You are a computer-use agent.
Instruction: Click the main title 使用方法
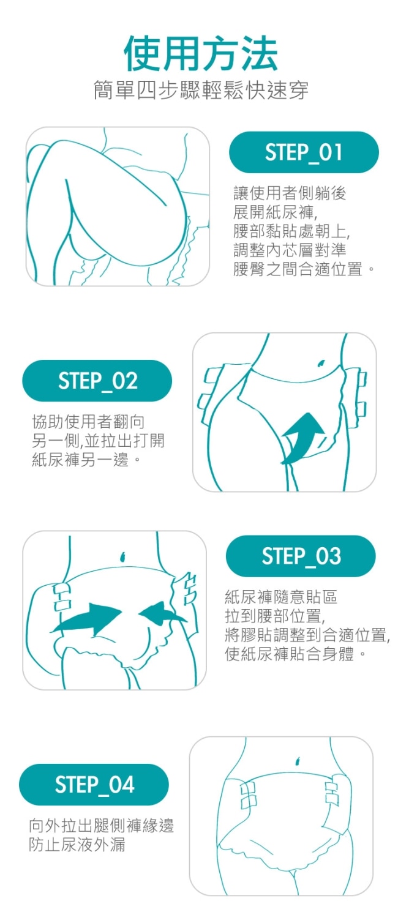[x=201, y=53]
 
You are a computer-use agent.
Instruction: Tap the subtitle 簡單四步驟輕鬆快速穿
[x=201, y=90]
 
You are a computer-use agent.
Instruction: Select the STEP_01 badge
[x=304, y=152]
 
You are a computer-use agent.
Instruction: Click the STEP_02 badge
[x=97, y=381]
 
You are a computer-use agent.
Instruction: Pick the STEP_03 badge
[x=301, y=556]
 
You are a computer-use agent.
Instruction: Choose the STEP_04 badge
[x=94, y=785]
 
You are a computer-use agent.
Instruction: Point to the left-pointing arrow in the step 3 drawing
[x=162, y=614]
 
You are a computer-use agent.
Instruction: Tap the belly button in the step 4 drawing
[x=297, y=760]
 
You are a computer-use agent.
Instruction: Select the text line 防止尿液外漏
[x=77, y=845]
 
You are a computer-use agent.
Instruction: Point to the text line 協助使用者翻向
[x=88, y=421]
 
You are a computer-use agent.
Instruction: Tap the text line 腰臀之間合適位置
[x=303, y=269]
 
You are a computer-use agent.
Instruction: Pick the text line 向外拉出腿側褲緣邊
[x=102, y=825]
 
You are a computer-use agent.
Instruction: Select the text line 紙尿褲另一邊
[x=86, y=460]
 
